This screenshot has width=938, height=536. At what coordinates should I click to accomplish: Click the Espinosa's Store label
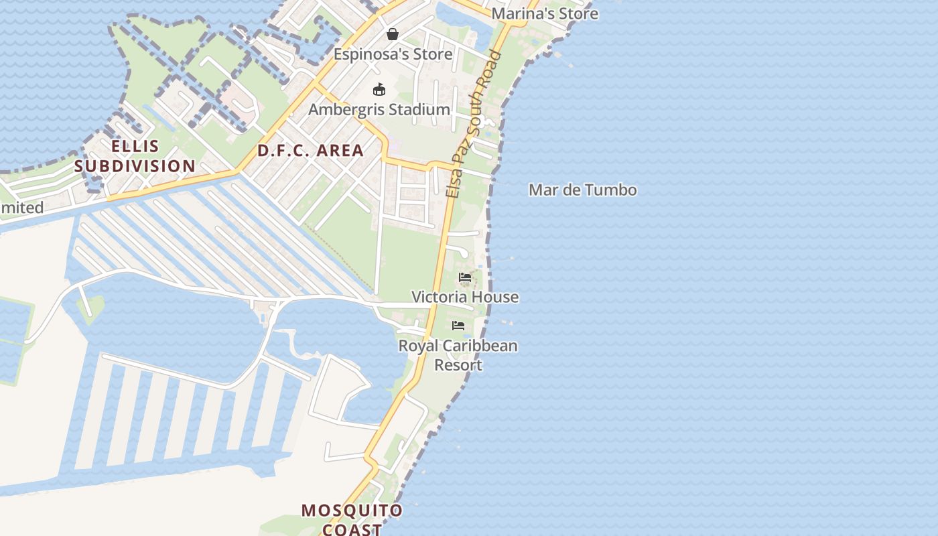(393, 54)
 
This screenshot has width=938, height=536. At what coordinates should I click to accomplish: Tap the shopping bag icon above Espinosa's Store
(393, 33)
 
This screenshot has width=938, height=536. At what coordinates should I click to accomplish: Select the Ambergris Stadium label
(379, 109)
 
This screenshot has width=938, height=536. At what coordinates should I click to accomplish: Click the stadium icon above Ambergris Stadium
(379, 89)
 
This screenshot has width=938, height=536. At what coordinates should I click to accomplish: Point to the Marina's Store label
(545, 13)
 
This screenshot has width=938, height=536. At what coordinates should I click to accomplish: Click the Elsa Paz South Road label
(474, 124)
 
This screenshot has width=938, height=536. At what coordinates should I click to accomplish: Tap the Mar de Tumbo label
(583, 190)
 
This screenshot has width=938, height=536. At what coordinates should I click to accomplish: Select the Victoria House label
(465, 297)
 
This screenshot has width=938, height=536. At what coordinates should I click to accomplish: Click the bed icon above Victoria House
(465, 277)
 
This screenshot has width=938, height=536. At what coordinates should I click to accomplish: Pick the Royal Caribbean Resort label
(458, 355)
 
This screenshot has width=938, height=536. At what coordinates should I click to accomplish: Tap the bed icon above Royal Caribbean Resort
(458, 326)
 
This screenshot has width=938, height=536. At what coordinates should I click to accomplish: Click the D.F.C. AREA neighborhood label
(311, 151)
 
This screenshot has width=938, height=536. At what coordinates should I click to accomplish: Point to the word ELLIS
(135, 146)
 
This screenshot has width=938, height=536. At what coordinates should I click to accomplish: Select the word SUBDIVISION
(135, 165)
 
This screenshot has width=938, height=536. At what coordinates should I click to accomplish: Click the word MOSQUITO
(352, 511)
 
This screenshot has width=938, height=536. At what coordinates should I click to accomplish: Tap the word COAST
(352, 529)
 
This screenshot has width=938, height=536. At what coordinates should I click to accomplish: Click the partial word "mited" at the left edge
(22, 208)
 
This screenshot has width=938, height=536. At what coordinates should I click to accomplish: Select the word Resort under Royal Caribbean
(458, 365)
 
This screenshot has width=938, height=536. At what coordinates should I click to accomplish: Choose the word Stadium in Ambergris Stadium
(420, 109)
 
